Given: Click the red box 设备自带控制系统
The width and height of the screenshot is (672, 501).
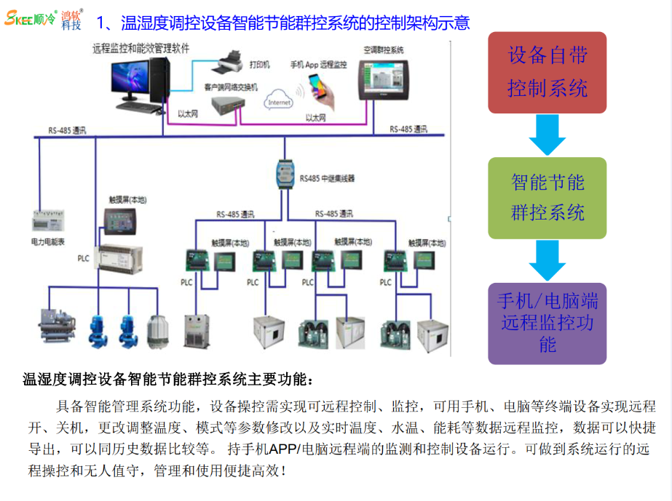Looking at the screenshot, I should (x=548, y=73).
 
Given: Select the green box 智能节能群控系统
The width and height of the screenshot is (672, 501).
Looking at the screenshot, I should (x=548, y=198).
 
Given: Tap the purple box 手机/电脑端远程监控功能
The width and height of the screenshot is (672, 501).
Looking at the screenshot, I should (x=548, y=323).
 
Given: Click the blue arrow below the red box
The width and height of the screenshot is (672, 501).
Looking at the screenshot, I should (x=548, y=135).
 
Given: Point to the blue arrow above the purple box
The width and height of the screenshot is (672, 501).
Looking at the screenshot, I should (x=548, y=260).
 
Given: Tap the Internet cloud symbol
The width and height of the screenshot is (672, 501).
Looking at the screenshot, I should (x=280, y=101).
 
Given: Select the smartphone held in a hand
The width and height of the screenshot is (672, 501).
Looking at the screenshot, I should (x=321, y=92).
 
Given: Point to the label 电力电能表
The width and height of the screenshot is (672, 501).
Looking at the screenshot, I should (x=48, y=239).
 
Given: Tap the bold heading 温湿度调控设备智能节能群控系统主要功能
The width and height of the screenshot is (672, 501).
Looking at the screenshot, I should (x=169, y=379).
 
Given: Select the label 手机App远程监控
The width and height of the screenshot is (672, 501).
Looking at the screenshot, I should (x=318, y=65).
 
